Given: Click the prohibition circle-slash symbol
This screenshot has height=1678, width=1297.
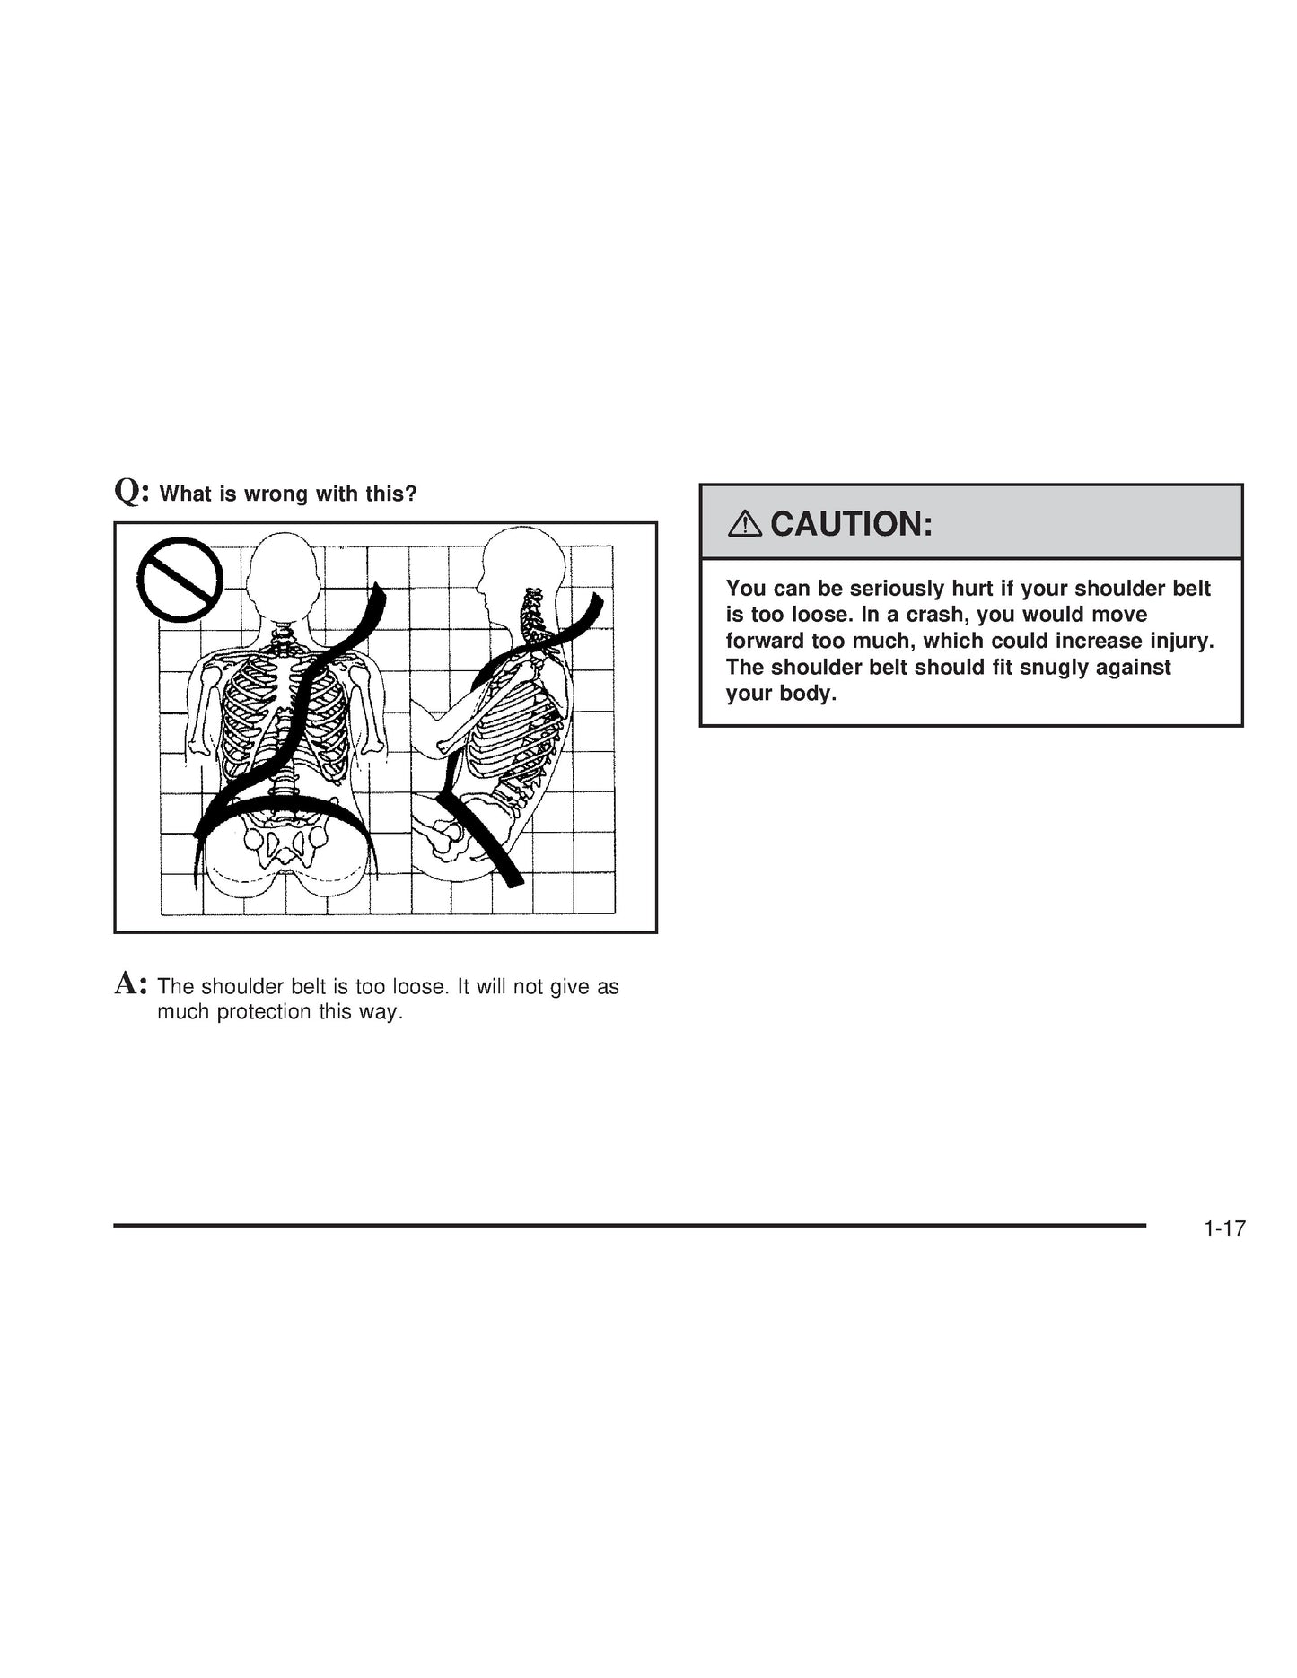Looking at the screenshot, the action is pyautogui.click(x=180, y=580).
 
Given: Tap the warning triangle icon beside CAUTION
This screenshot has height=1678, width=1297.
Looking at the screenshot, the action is pyautogui.click(x=744, y=523).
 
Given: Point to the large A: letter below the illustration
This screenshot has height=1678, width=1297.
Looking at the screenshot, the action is pyautogui.click(x=131, y=984).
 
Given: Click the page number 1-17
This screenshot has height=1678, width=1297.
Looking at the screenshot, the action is pyautogui.click(x=1224, y=1228).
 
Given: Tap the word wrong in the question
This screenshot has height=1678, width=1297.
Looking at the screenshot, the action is pyautogui.click(x=276, y=494).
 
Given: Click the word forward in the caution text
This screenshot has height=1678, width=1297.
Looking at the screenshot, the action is pyautogui.click(x=765, y=642).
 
